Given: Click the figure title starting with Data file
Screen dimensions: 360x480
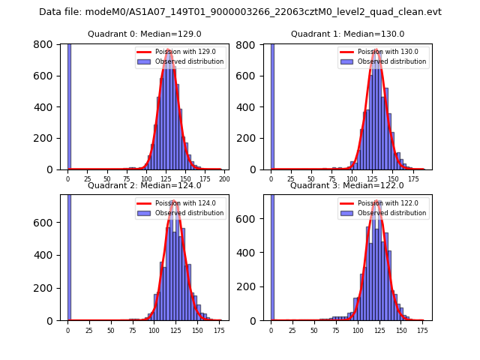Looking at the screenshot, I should pyautogui.click(x=240, y=12).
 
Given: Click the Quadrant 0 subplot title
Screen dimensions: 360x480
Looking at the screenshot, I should pyautogui.click(x=145, y=34).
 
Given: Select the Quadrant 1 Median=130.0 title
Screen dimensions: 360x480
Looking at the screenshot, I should pyautogui.click(x=347, y=34).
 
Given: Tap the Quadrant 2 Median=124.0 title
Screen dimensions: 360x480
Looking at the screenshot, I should pyautogui.click(x=145, y=185).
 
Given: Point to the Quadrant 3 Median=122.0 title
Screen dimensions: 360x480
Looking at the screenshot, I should pyautogui.click(x=347, y=185).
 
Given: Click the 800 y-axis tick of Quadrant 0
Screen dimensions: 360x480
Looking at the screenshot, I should pyautogui.click(x=50, y=44).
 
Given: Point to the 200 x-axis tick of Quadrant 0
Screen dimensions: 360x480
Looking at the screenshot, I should pyautogui.click(x=224, y=179).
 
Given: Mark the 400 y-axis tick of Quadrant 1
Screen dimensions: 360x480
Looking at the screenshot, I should pyautogui.click(x=253, y=107).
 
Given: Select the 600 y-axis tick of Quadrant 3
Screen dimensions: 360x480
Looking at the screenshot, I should pyautogui.click(x=253, y=223).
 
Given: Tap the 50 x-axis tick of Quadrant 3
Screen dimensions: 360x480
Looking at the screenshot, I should pyautogui.click(x=314, y=330).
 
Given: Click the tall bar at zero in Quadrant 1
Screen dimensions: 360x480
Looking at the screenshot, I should pyautogui.click(x=271, y=105).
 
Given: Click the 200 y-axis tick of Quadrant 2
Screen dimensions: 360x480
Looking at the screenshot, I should pyautogui.click(x=50, y=288).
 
